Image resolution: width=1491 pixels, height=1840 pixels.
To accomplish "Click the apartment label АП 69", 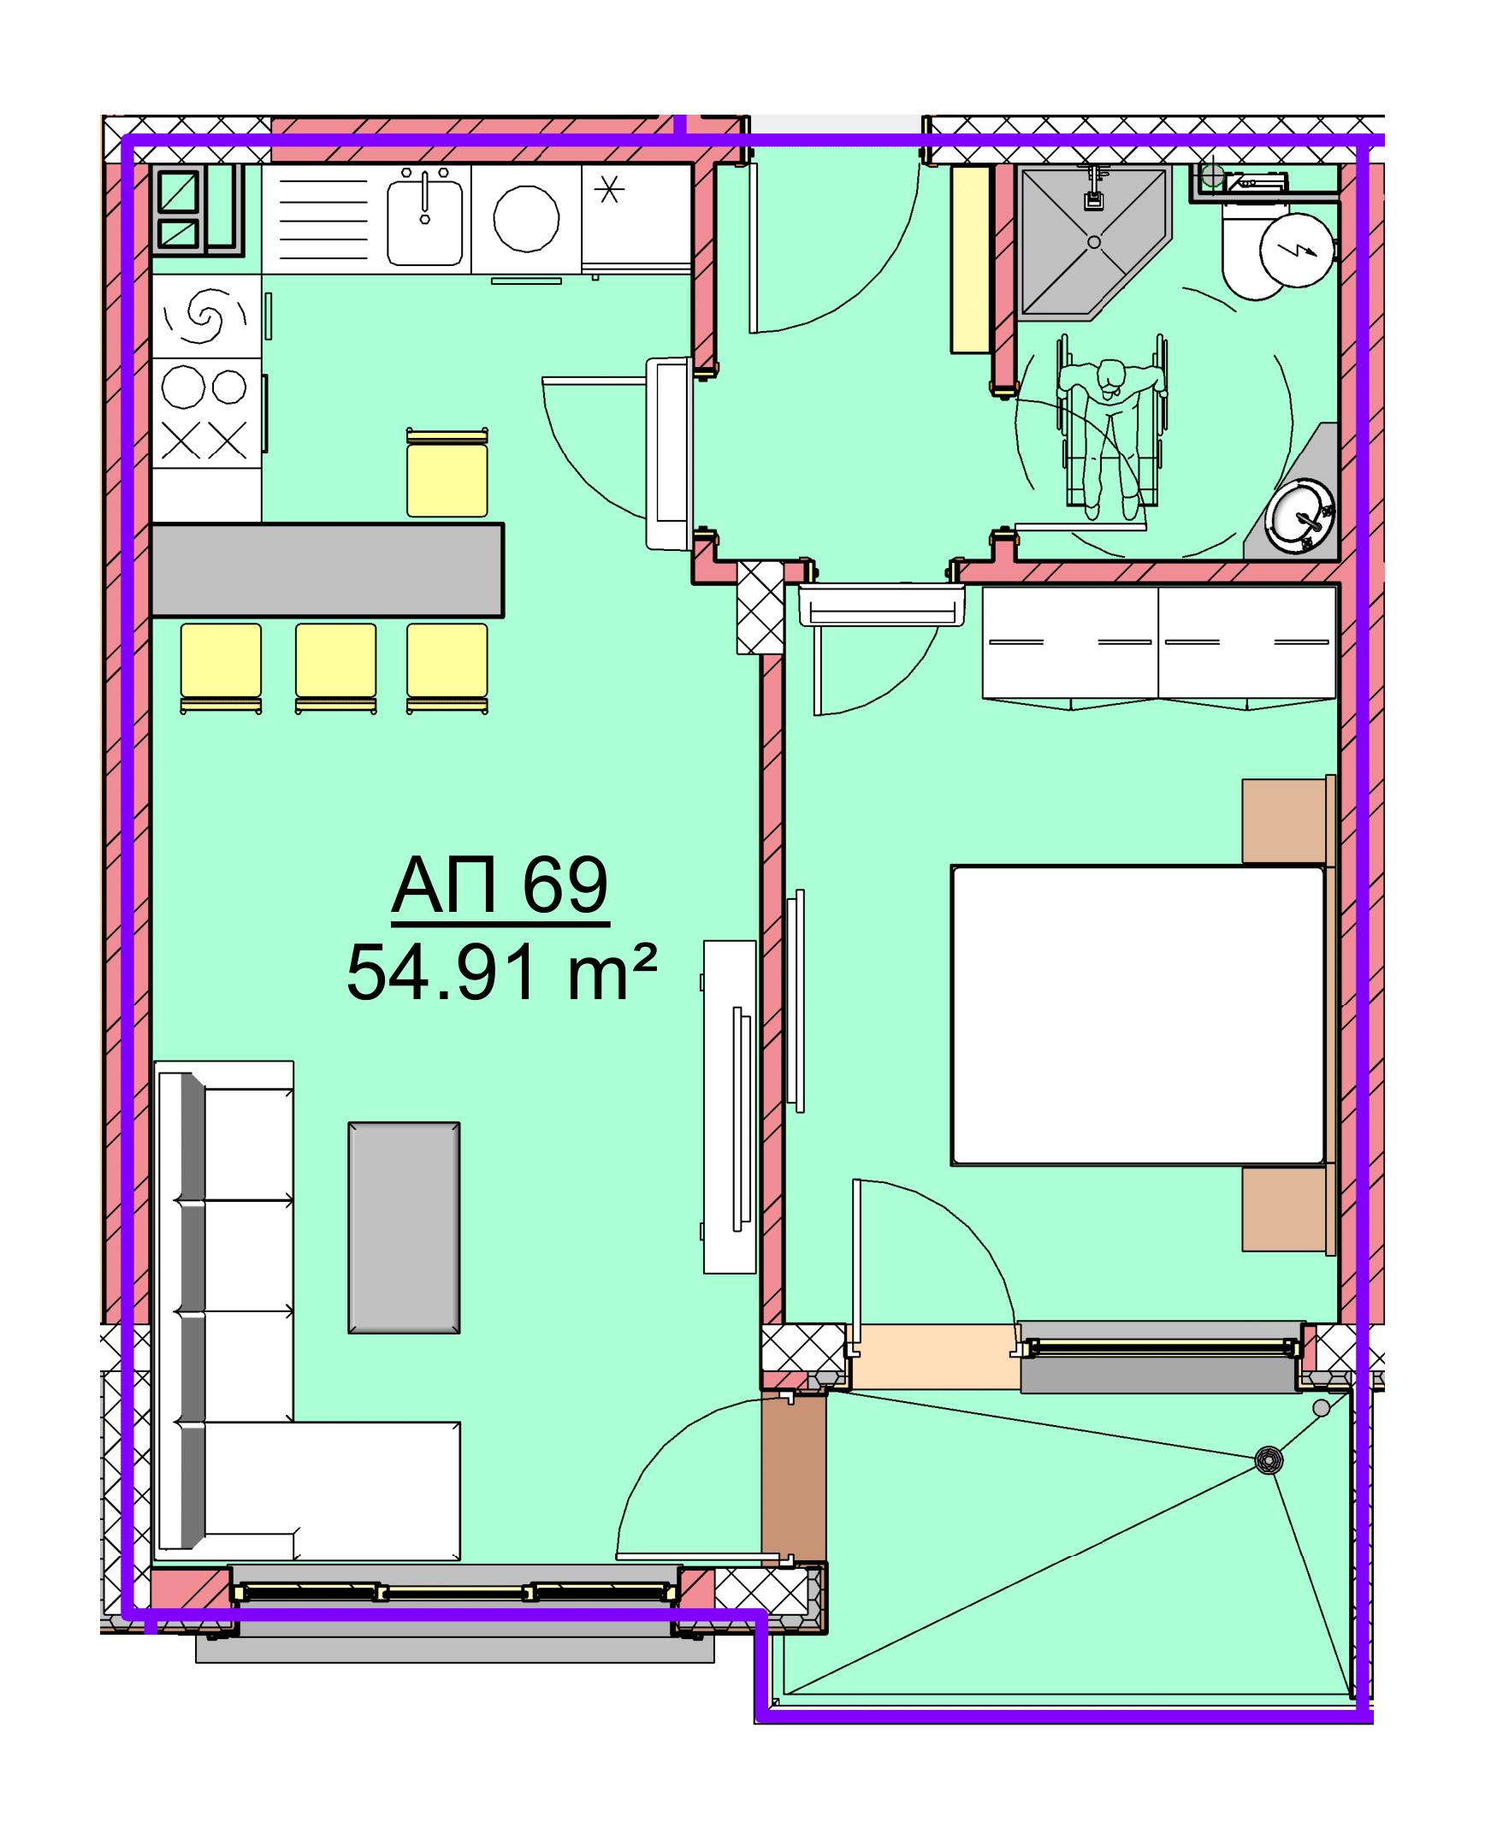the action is [x=500, y=885].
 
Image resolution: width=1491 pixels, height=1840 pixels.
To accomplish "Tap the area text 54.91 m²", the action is [x=501, y=973].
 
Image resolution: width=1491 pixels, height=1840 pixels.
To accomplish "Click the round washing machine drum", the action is [x=526, y=219].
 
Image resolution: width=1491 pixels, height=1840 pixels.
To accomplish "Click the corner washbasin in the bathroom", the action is [x=1302, y=517].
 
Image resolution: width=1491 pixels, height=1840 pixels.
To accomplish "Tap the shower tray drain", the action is [x=1093, y=242].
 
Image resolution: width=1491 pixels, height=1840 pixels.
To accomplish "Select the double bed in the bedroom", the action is [x=1139, y=1015].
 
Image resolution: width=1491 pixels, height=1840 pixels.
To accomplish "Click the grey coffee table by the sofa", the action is [x=404, y=1228].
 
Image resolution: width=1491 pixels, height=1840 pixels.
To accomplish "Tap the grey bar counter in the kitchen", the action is [x=328, y=571].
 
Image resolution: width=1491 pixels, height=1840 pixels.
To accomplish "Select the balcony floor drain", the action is [x=1269, y=1459].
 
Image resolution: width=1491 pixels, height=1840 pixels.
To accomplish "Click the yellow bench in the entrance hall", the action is [x=971, y=259].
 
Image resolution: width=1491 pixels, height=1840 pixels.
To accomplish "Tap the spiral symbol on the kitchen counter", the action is [x=205, y=316].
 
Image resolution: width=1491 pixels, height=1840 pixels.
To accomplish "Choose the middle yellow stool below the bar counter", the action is [x=336, y=669].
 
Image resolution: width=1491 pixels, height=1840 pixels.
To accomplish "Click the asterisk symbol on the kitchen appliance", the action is [x=609, y=188].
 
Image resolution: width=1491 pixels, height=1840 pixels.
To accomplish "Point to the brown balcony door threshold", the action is [x=794, y=1475].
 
